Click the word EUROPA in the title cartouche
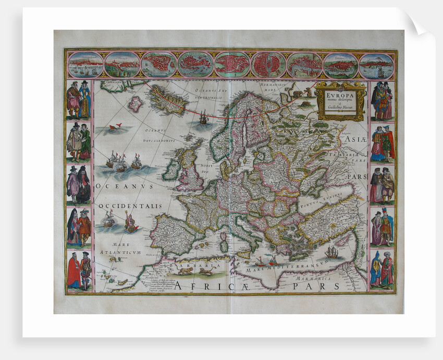[x=340, y=96]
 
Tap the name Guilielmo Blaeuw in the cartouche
[x=340, y=107]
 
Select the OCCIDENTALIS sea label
[x=130, y=206]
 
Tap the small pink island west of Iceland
[x=136, y=104]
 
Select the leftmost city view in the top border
[x=85, y=65]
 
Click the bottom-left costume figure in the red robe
[x=73, y=271]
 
